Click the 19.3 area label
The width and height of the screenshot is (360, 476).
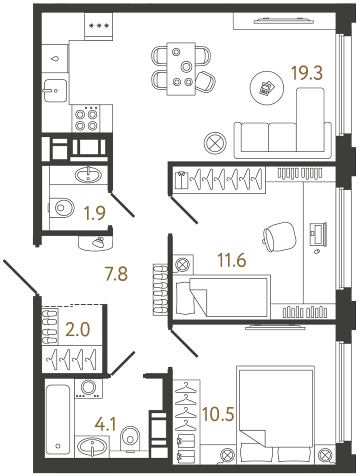click(306, 73)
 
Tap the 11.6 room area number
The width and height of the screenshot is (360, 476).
click(232, 260)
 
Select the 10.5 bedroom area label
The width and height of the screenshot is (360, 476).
click(218, 414)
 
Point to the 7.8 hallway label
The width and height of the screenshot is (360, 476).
click(116, 273)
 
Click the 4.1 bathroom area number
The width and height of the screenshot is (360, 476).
click(105, 424)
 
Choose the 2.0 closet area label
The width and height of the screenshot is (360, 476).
click(77, 329)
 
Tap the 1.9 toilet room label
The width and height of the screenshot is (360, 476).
click(94, 212)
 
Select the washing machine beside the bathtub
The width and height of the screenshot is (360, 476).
click(88, 388)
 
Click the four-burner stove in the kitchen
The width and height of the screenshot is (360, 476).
click(86, 118)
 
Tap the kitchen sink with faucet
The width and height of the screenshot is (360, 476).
click(55, 90)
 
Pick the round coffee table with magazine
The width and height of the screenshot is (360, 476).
click(267, 88)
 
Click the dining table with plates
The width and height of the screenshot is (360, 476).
click(181, 69)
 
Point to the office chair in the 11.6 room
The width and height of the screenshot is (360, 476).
click(279, 236)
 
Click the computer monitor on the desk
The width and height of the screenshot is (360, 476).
click(318, 234)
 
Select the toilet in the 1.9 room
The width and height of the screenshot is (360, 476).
click(61, 208)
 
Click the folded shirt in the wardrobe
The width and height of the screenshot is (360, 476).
click(181, 180)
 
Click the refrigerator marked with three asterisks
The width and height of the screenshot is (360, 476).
click(98, 26)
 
